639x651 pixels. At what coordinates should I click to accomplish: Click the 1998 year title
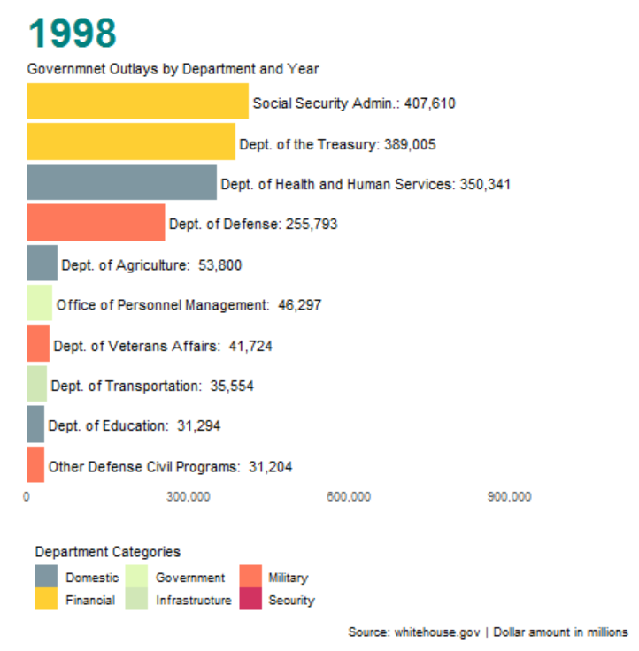73,34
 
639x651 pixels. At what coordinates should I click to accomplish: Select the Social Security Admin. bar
137,102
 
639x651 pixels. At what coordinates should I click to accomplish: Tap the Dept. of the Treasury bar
131,142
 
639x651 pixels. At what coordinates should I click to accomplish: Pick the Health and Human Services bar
121,182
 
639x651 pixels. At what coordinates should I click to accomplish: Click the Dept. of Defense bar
96,223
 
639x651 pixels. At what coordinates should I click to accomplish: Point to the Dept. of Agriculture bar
42,264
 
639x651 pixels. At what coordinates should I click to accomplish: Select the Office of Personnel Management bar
39,303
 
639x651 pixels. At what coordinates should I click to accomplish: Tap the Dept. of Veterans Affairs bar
38,344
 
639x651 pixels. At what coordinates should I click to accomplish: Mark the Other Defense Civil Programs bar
35,465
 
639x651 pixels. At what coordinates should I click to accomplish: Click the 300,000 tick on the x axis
188,497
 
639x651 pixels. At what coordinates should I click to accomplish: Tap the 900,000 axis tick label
510,497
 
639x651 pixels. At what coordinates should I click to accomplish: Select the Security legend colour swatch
251,600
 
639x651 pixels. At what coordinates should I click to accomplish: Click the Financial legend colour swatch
47,600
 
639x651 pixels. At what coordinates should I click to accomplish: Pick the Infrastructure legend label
193,601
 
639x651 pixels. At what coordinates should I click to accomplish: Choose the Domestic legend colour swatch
47,578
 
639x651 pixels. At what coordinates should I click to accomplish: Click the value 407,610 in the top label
429,103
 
